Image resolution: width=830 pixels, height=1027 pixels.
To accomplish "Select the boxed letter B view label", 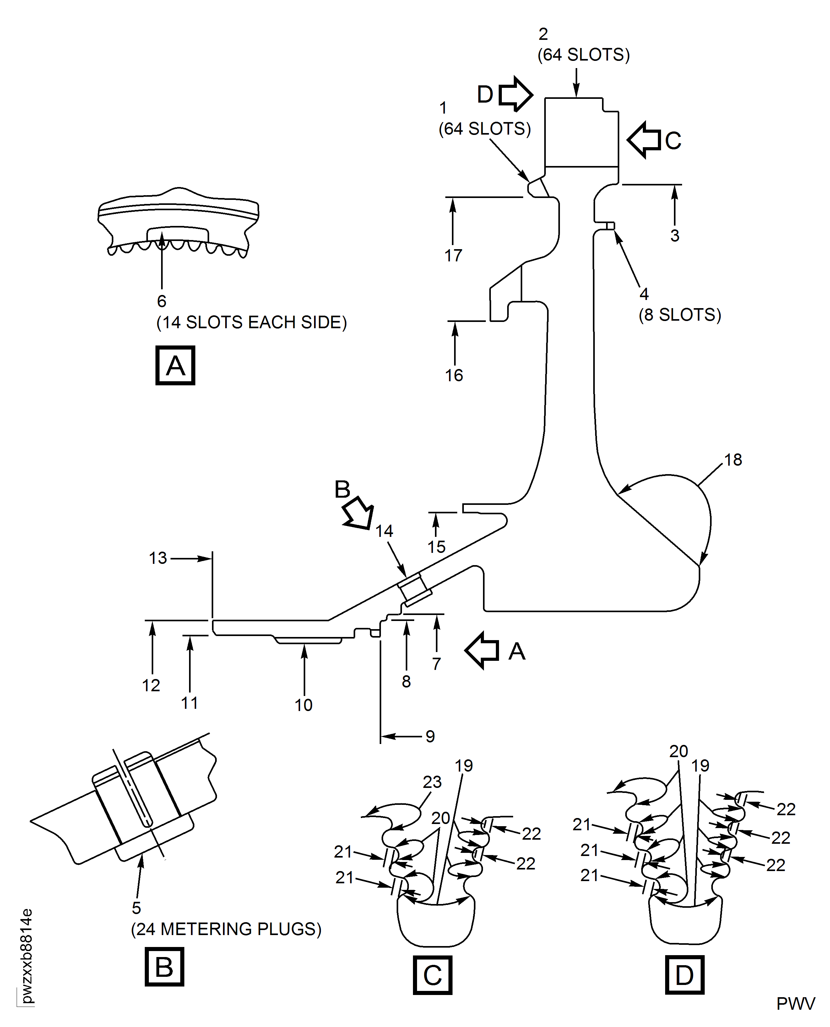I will click(164, 966).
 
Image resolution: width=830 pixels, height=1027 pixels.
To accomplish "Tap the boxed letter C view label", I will click(432, 975).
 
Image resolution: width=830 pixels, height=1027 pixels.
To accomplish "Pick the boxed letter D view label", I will click(684, 975).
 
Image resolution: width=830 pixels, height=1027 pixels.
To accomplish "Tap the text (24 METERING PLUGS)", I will click(226, 928).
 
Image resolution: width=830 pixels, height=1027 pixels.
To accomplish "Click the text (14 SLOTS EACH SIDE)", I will click(252, 323).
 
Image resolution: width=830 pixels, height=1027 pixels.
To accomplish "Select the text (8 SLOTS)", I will click(680, 315).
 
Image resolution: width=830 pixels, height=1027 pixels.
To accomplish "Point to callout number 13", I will click(158, 558).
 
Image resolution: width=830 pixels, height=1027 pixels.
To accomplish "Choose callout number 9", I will click(430, 736).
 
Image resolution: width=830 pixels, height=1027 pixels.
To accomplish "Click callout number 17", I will click(453, 255).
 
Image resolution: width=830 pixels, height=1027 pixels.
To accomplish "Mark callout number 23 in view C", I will click(432, 782).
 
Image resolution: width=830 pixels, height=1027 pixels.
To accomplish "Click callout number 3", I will click(675, 236).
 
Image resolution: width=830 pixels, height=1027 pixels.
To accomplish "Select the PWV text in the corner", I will click(795, 1003).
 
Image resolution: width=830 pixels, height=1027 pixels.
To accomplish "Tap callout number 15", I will click(436, 547).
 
